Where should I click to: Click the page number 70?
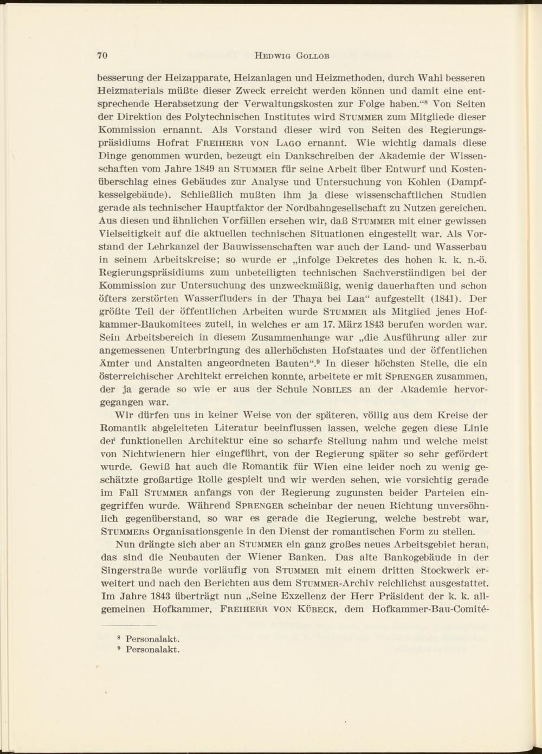tap(103, 55)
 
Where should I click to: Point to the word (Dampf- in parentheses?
tap(463, 182)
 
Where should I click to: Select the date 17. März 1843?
tap(322, 324)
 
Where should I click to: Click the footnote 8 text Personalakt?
tap(152, 640)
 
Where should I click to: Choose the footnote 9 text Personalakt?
tap(152, 650)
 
